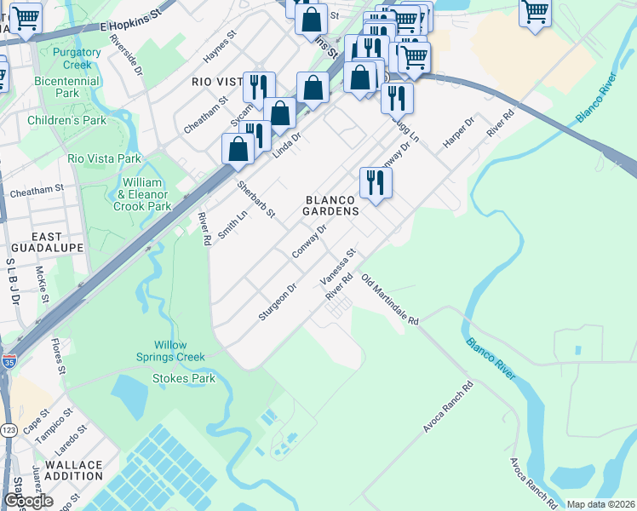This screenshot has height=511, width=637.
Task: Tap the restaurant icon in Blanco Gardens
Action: point(375,181)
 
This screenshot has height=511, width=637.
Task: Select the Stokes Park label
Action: point(184,378)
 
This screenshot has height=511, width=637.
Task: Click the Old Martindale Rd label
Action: point(390,299)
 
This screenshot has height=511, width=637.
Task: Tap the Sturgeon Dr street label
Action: point(278,303)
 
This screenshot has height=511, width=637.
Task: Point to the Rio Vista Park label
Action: point(104,158)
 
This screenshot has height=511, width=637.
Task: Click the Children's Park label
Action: point(67,120)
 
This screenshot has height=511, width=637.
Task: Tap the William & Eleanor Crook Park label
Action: point(142,194)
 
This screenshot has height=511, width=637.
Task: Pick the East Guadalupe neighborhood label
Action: point(46,241)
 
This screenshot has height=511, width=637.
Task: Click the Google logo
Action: point(28,502)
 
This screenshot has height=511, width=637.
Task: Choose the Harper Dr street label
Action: point(456,135)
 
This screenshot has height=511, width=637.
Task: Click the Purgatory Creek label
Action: point(77,59)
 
